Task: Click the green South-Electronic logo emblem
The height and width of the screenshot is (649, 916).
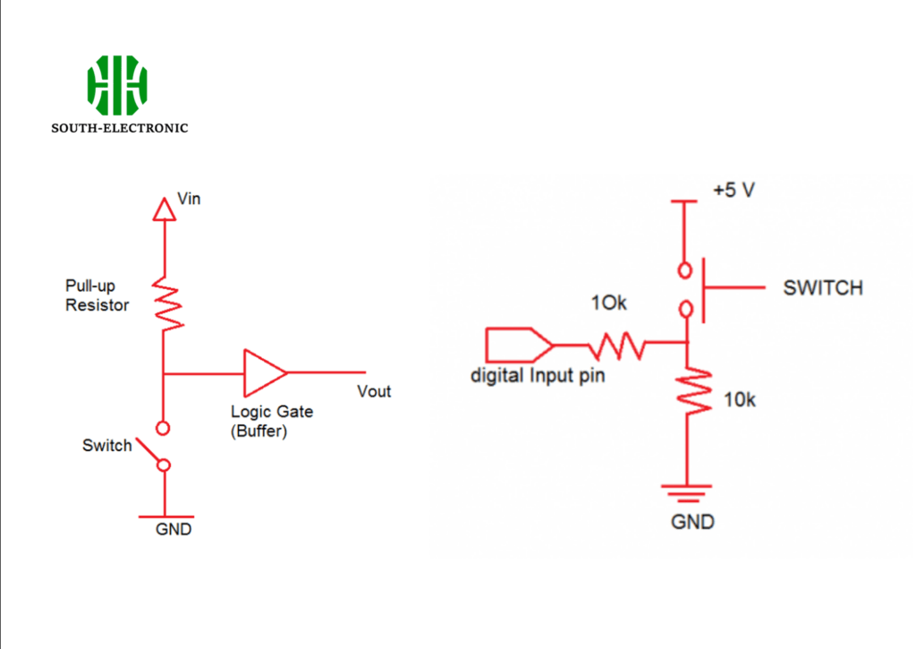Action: (117, 85)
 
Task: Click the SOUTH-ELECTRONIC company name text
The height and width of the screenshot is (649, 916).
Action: (120, 128)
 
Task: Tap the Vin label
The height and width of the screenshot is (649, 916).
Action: (189, 199)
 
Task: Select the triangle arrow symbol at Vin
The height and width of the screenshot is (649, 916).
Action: (165, 209)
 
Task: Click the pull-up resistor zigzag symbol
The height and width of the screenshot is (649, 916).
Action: (167, 304)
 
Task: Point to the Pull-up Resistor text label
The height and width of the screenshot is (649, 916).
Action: (97, 295)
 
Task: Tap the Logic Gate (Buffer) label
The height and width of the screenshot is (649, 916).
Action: (272, 421)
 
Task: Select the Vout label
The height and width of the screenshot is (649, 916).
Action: (374, 391)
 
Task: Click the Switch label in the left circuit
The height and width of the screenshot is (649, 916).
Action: (107, 446)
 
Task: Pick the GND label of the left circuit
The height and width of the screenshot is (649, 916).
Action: (174, 529)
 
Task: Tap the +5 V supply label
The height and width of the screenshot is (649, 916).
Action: (734, 190)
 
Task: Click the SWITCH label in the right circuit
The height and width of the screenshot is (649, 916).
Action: (823, 287)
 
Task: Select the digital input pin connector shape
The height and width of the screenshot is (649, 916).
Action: (519, 345)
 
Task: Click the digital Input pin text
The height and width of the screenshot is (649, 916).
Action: (538, 375)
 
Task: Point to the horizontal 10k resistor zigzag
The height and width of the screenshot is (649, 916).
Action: (617, 346)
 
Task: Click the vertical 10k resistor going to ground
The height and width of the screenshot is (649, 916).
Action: (693, 391)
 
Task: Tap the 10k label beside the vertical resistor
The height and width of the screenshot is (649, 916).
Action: (740, 400)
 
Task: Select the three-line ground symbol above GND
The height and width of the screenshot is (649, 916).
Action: (686, 493)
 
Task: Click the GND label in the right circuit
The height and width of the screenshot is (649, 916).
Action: (693, 522)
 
